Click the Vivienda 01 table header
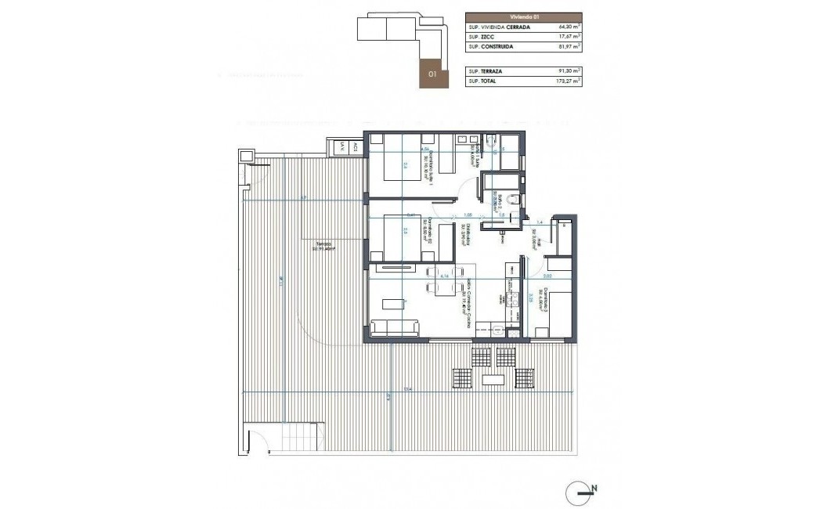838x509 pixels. tap(523, 16)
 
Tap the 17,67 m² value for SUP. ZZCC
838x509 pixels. tap(568, 37)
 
